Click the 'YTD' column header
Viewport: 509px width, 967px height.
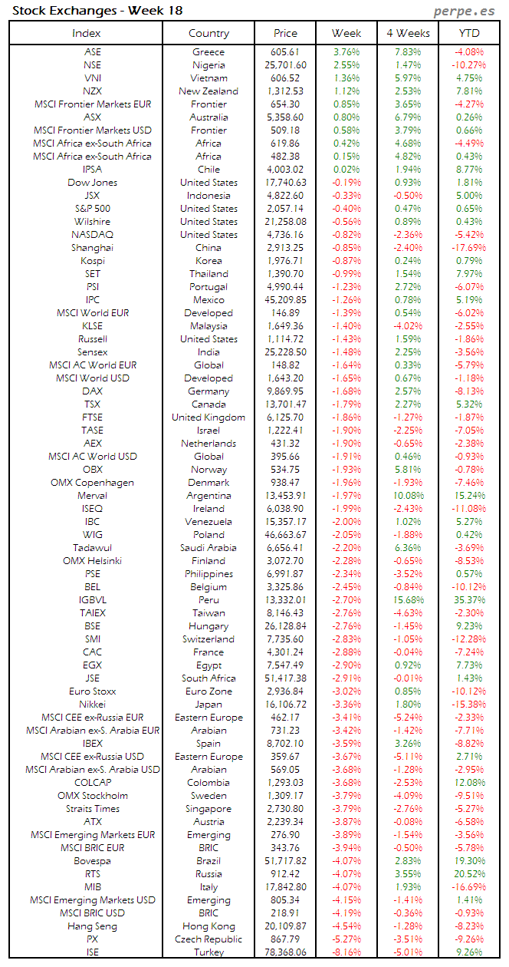[x=469, y=33]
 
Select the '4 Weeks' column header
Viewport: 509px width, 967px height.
[x=408, y=33]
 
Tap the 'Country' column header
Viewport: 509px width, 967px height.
[x=209, y=33]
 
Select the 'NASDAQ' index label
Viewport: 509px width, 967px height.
[x=92, y=235]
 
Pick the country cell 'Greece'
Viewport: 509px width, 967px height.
[x=209, y=52]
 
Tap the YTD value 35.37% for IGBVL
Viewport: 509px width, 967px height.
[x=469, y=600]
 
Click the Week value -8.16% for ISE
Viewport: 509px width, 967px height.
[x=346, y=952]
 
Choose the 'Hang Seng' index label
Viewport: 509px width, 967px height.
[x=92, y=926]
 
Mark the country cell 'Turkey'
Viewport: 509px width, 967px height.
[x=209, y=952]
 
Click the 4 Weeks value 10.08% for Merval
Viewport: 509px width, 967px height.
[x=408, y=496]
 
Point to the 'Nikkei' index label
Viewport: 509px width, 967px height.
[x=92, y=705]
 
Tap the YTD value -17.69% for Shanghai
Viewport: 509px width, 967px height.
[x=469, y=248]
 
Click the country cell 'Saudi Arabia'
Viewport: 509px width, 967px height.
[x=209, y=548]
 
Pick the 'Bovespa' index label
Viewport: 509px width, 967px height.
[x=92, y=861]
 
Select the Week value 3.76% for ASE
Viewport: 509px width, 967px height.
[x=346, y=52]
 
